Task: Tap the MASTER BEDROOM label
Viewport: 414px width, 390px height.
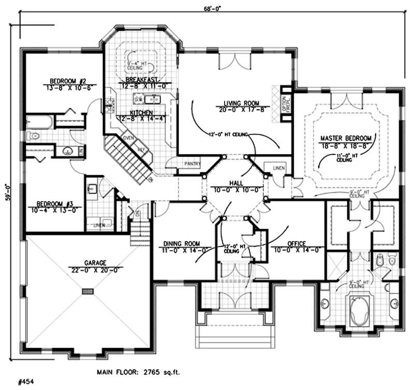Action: (x=346, y=138)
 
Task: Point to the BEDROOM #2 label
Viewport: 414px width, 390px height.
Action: (x=64, y=80)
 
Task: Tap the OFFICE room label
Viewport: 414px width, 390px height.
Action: (x=297, y=243)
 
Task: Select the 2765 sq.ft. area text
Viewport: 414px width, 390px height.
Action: (x=160, y=372)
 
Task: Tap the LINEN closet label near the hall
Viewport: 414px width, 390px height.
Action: (x=272, y=168)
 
